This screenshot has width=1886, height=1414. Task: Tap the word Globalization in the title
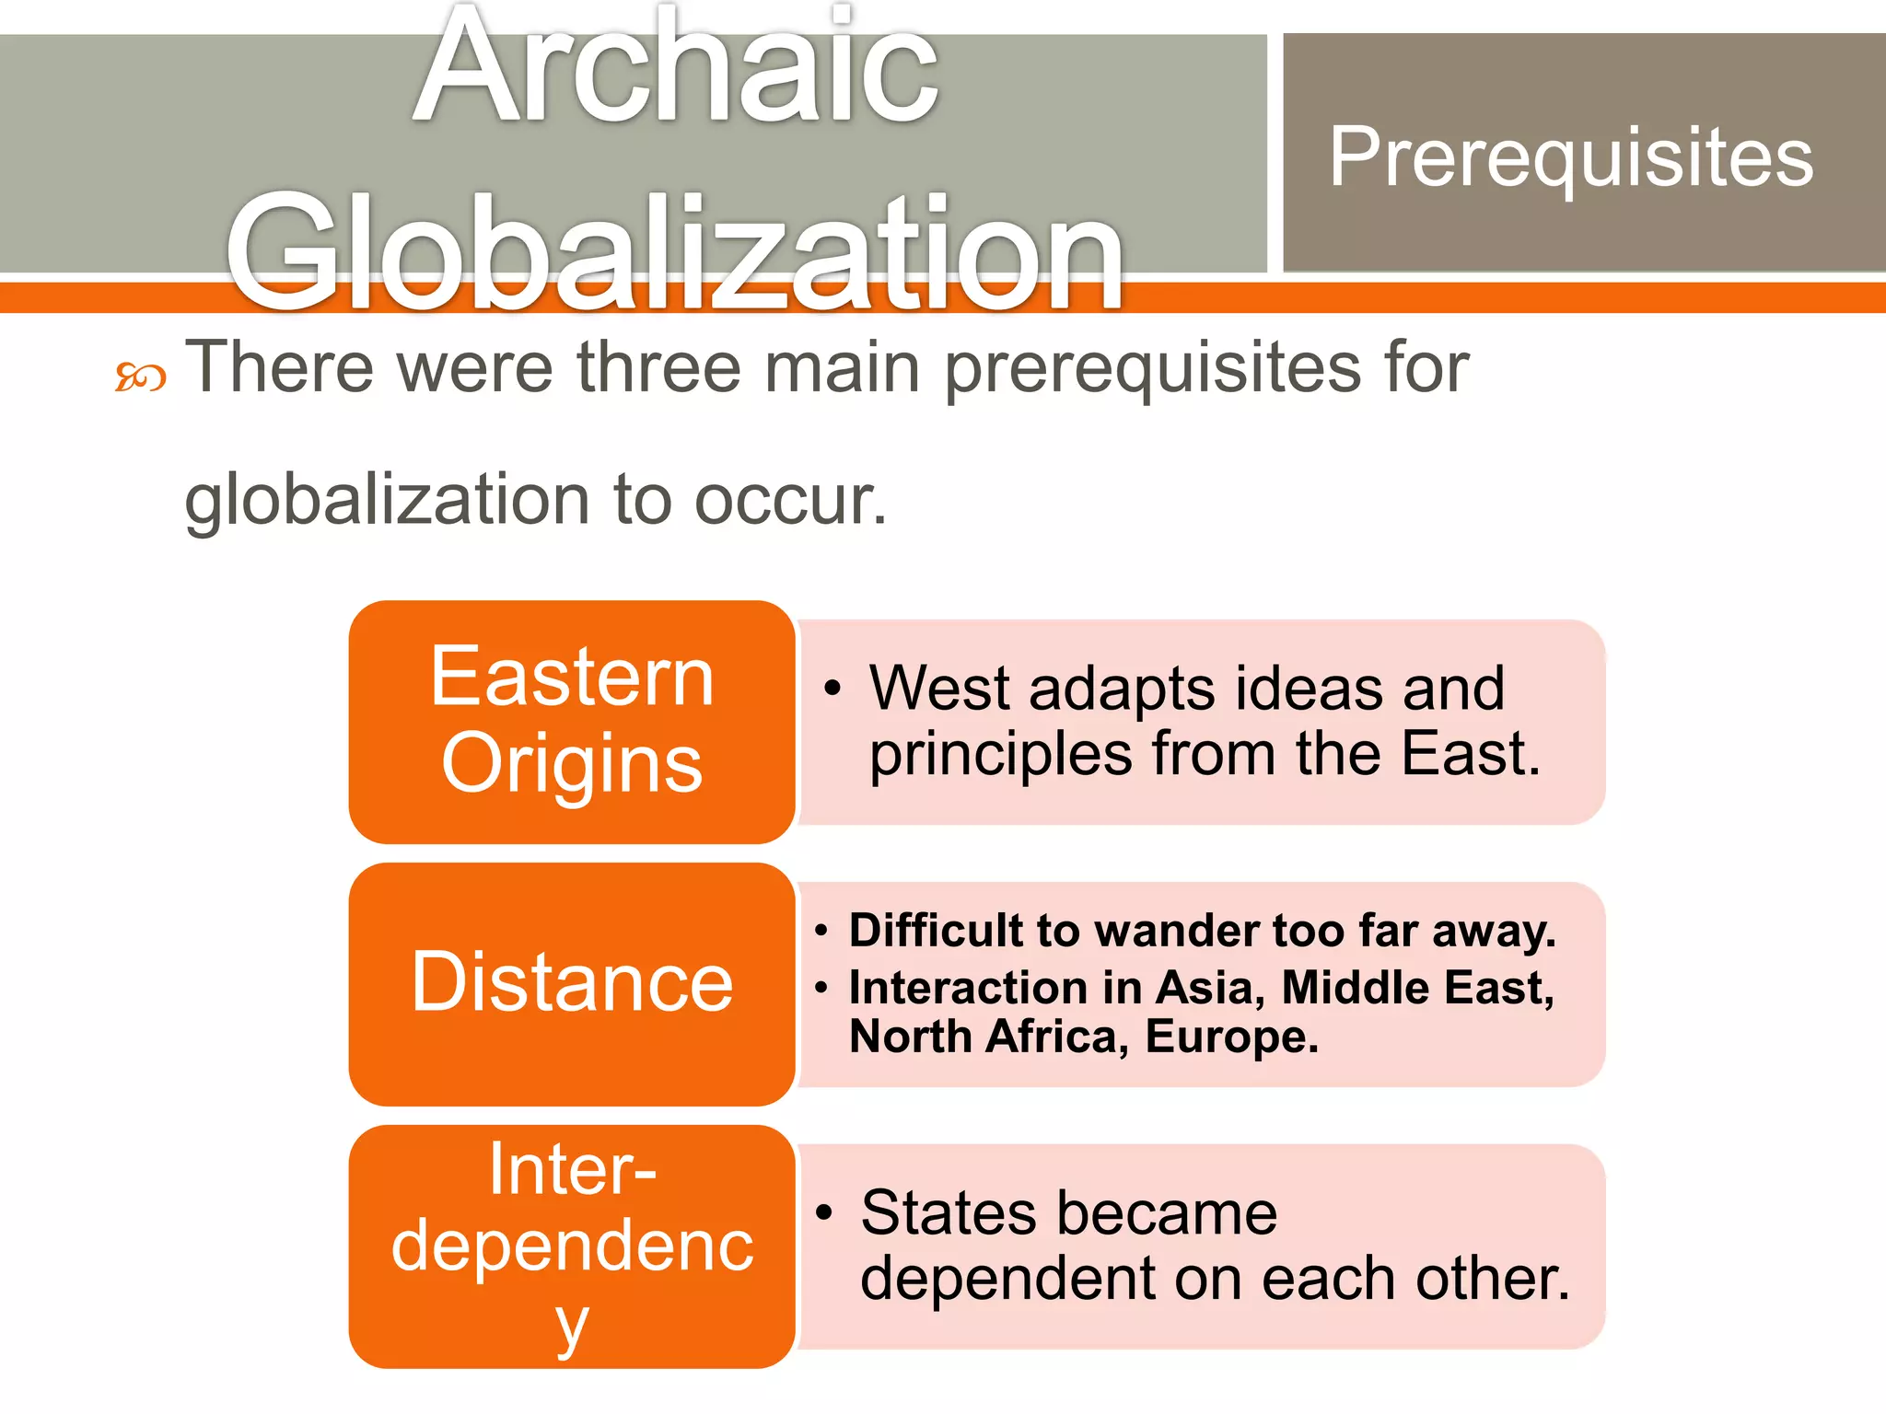[674, 250]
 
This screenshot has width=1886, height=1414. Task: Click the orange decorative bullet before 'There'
[140, 377]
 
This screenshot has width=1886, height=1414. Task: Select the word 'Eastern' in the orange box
[572, 678]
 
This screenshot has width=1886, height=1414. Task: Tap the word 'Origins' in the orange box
[572, 763]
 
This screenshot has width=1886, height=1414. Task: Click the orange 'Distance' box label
[572, 983]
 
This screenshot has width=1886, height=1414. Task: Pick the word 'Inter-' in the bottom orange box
[572, 1169]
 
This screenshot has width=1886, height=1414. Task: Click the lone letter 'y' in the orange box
[572, 1326]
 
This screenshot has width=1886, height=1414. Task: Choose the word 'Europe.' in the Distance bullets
[1232, 1037]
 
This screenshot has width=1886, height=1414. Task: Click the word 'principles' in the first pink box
[1001, 755]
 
